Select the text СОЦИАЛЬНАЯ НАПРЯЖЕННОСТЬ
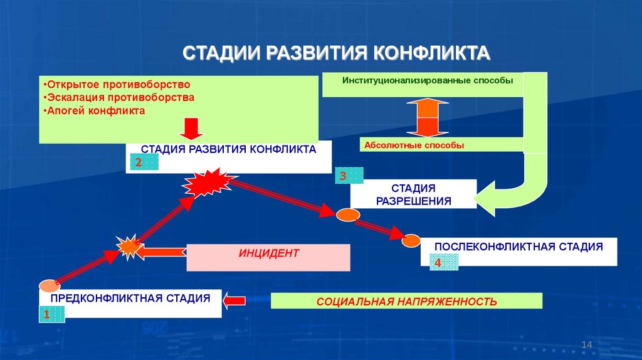(406, 302)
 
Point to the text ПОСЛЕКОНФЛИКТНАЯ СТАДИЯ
(518, 246)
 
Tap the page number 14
(587, 344)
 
